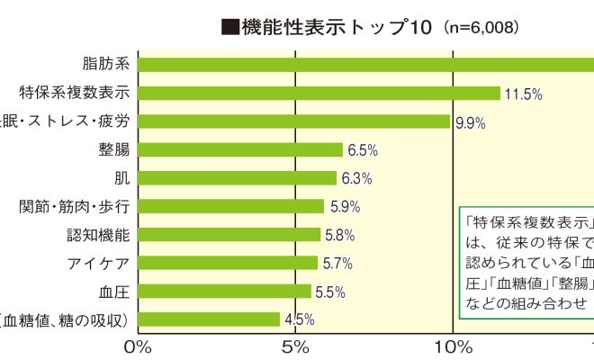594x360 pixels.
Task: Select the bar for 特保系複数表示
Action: [x=319, y=93]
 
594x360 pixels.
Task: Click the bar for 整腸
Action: [x=239, y=149]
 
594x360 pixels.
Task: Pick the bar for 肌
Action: [x=237, y=177]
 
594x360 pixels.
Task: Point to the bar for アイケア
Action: [x=228, y=263]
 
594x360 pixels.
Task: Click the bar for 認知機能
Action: [x=229, y=234]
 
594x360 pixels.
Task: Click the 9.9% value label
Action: [x=470, y=122]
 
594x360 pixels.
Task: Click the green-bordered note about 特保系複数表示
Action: [x=526, y=263]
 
